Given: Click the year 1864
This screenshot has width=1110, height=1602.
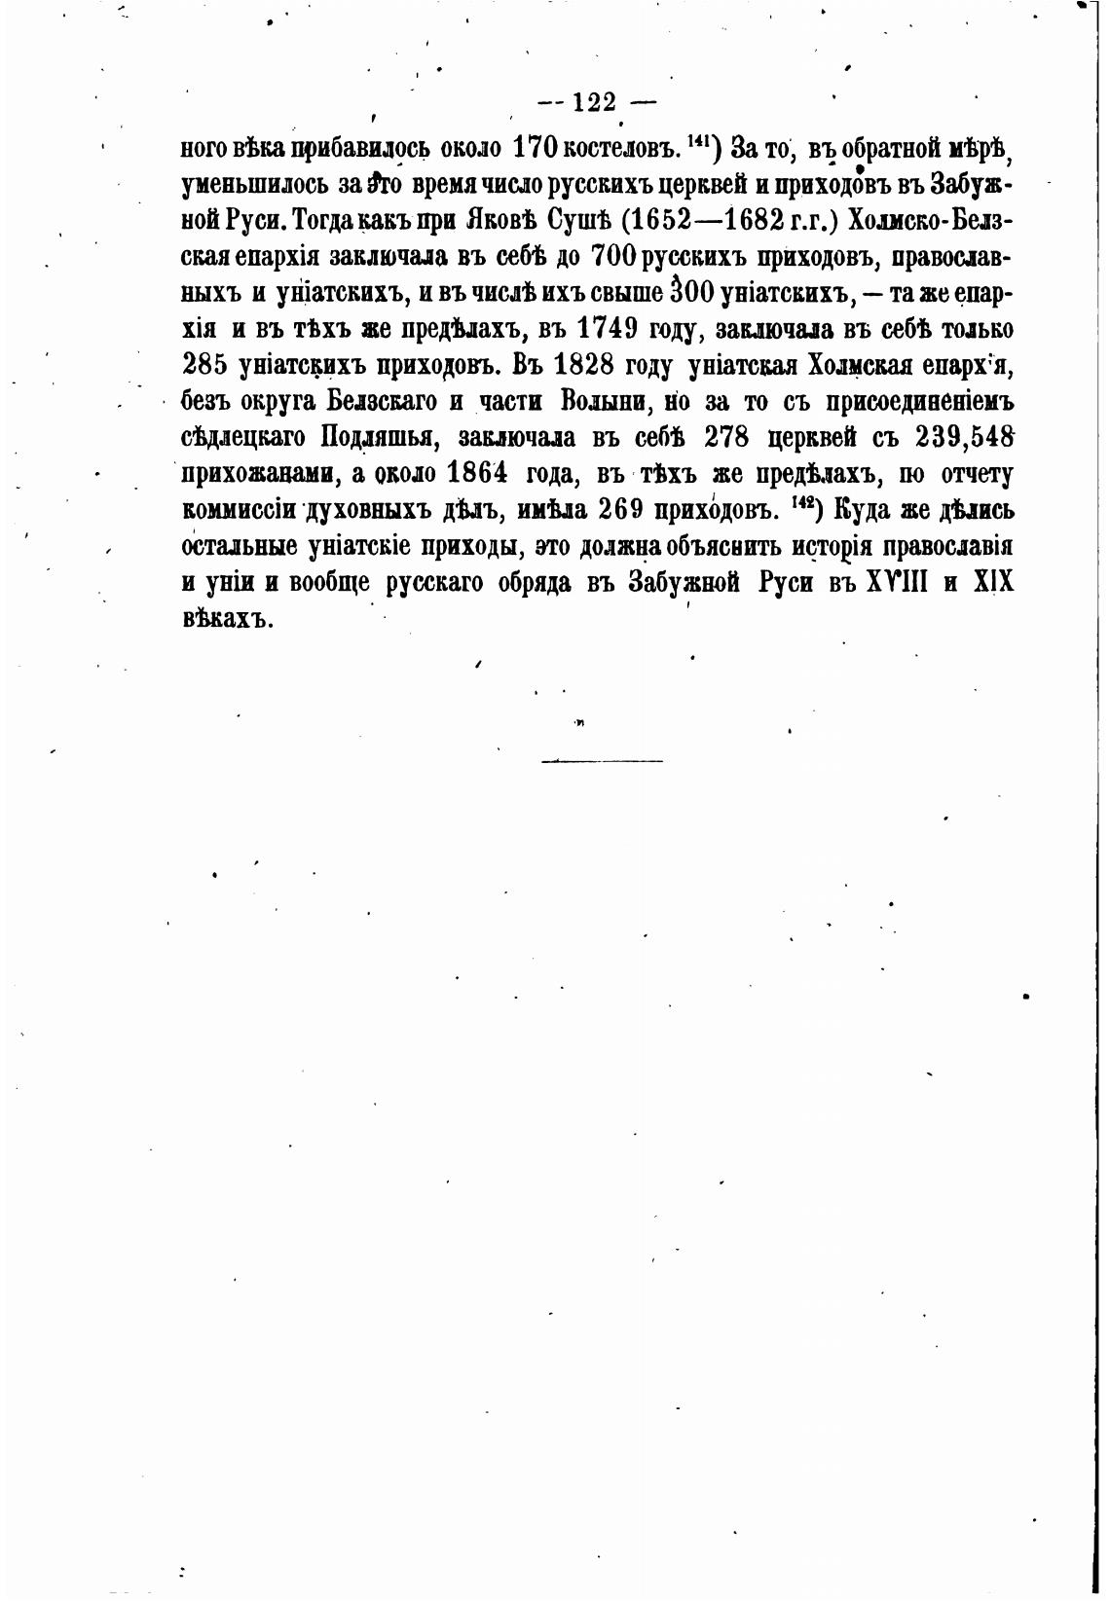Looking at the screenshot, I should tap(478, 472).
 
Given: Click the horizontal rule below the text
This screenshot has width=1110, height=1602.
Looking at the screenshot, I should tap(602, 760).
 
